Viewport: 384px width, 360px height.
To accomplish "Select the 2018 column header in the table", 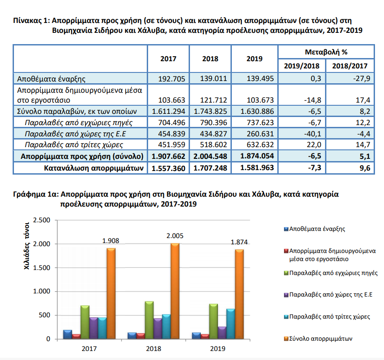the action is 210,59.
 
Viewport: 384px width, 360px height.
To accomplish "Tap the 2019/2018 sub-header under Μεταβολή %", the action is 302,66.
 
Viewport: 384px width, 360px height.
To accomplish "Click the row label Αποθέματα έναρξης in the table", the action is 51,79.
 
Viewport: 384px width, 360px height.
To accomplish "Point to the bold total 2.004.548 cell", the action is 210,156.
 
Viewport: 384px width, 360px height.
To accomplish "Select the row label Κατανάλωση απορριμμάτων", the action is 94,168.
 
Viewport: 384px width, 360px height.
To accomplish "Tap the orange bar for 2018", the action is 175,291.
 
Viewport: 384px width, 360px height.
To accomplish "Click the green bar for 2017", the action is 85,322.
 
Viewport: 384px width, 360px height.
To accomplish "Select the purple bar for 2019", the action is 222,333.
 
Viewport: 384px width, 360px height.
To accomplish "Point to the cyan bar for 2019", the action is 230,324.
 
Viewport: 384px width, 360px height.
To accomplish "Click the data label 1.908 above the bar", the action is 110,241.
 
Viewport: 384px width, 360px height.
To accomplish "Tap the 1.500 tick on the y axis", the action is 41,268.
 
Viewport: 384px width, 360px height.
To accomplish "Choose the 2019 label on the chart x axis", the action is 217,348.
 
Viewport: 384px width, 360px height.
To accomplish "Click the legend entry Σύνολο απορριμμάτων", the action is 318,339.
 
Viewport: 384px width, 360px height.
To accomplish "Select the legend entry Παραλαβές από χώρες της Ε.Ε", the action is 328,294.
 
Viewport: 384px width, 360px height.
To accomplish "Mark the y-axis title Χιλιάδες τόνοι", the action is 27,246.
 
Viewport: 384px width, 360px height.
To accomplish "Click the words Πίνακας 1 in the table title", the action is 32,20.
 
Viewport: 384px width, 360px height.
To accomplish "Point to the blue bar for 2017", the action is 68,334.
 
